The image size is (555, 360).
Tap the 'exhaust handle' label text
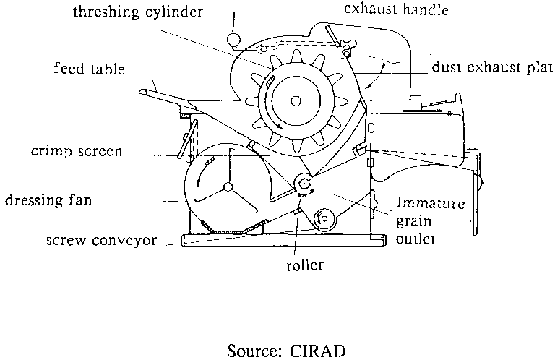click(x=387, y=11)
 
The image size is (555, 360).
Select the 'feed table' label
click(x=90, y=70)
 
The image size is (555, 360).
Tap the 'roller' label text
click(x=303, y=265)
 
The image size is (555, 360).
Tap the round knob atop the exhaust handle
click(x=233, y=38)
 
